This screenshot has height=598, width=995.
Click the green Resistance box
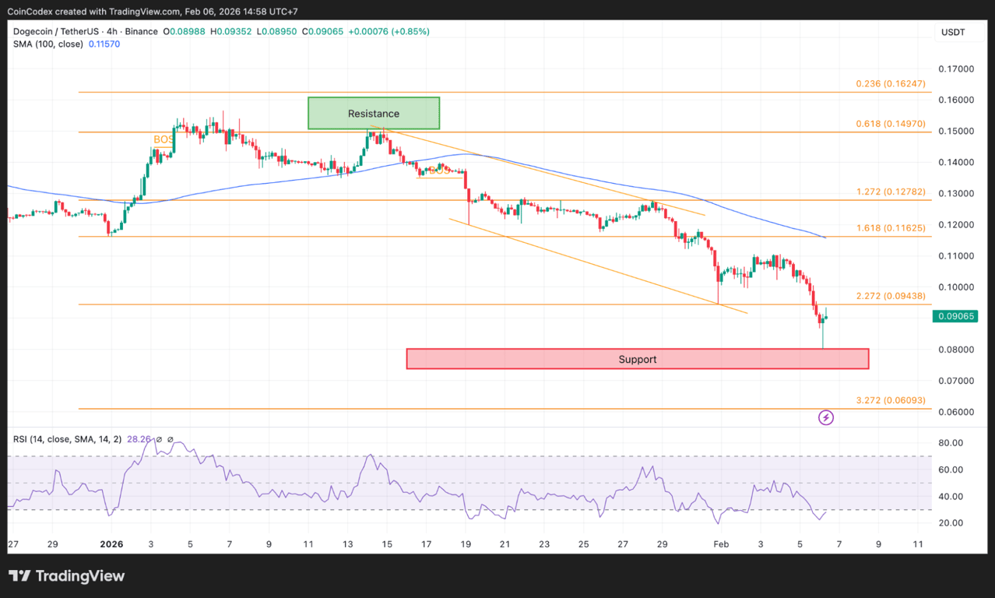[374, 113]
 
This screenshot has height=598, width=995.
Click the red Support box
[637, 359]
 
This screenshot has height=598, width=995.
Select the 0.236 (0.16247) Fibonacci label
[891, 83]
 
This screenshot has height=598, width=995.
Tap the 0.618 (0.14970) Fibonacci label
[891, 123]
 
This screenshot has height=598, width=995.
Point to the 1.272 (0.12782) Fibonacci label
[891, 192]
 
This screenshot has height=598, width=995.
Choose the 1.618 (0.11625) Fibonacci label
[891, 228]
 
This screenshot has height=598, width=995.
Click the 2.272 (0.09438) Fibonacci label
[891, 296]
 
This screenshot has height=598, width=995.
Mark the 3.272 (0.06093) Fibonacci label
[891, 400]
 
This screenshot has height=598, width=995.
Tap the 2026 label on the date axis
[112, 543]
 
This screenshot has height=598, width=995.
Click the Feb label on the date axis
[722, 543]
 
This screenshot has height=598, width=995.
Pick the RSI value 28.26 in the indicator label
[139, 439]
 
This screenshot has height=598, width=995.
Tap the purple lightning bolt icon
[826, 418]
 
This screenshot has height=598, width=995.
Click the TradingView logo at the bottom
[66, 576]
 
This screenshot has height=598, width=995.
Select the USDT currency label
[953, 32]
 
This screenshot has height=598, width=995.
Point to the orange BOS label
[163, 139]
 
